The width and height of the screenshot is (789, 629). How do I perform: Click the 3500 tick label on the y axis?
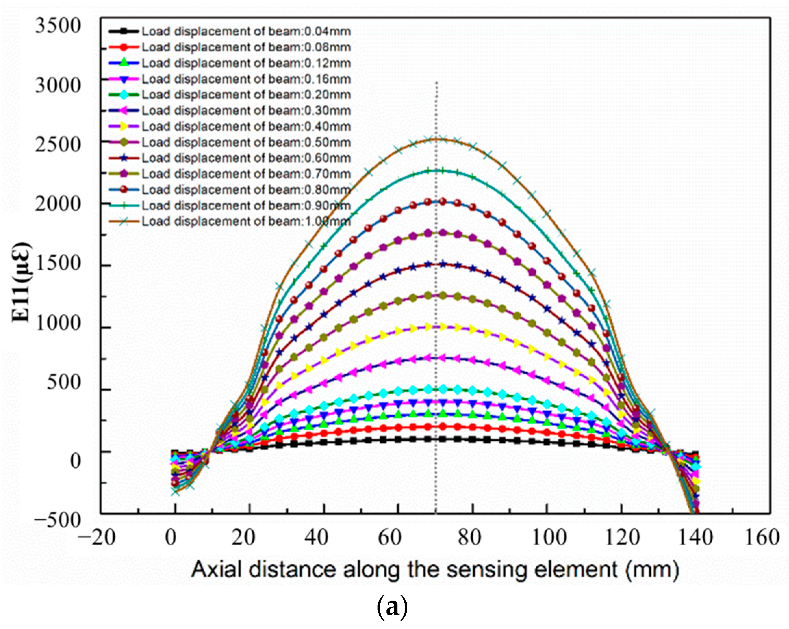tap(58, 26)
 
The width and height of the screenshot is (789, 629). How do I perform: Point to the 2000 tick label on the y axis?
tap(58, 204)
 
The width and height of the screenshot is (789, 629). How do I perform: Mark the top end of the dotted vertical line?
tap(436, 83)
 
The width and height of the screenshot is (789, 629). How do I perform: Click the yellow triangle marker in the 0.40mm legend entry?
tap(124, 126)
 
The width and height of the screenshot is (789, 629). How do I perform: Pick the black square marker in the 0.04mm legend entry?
tap(124, 31)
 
